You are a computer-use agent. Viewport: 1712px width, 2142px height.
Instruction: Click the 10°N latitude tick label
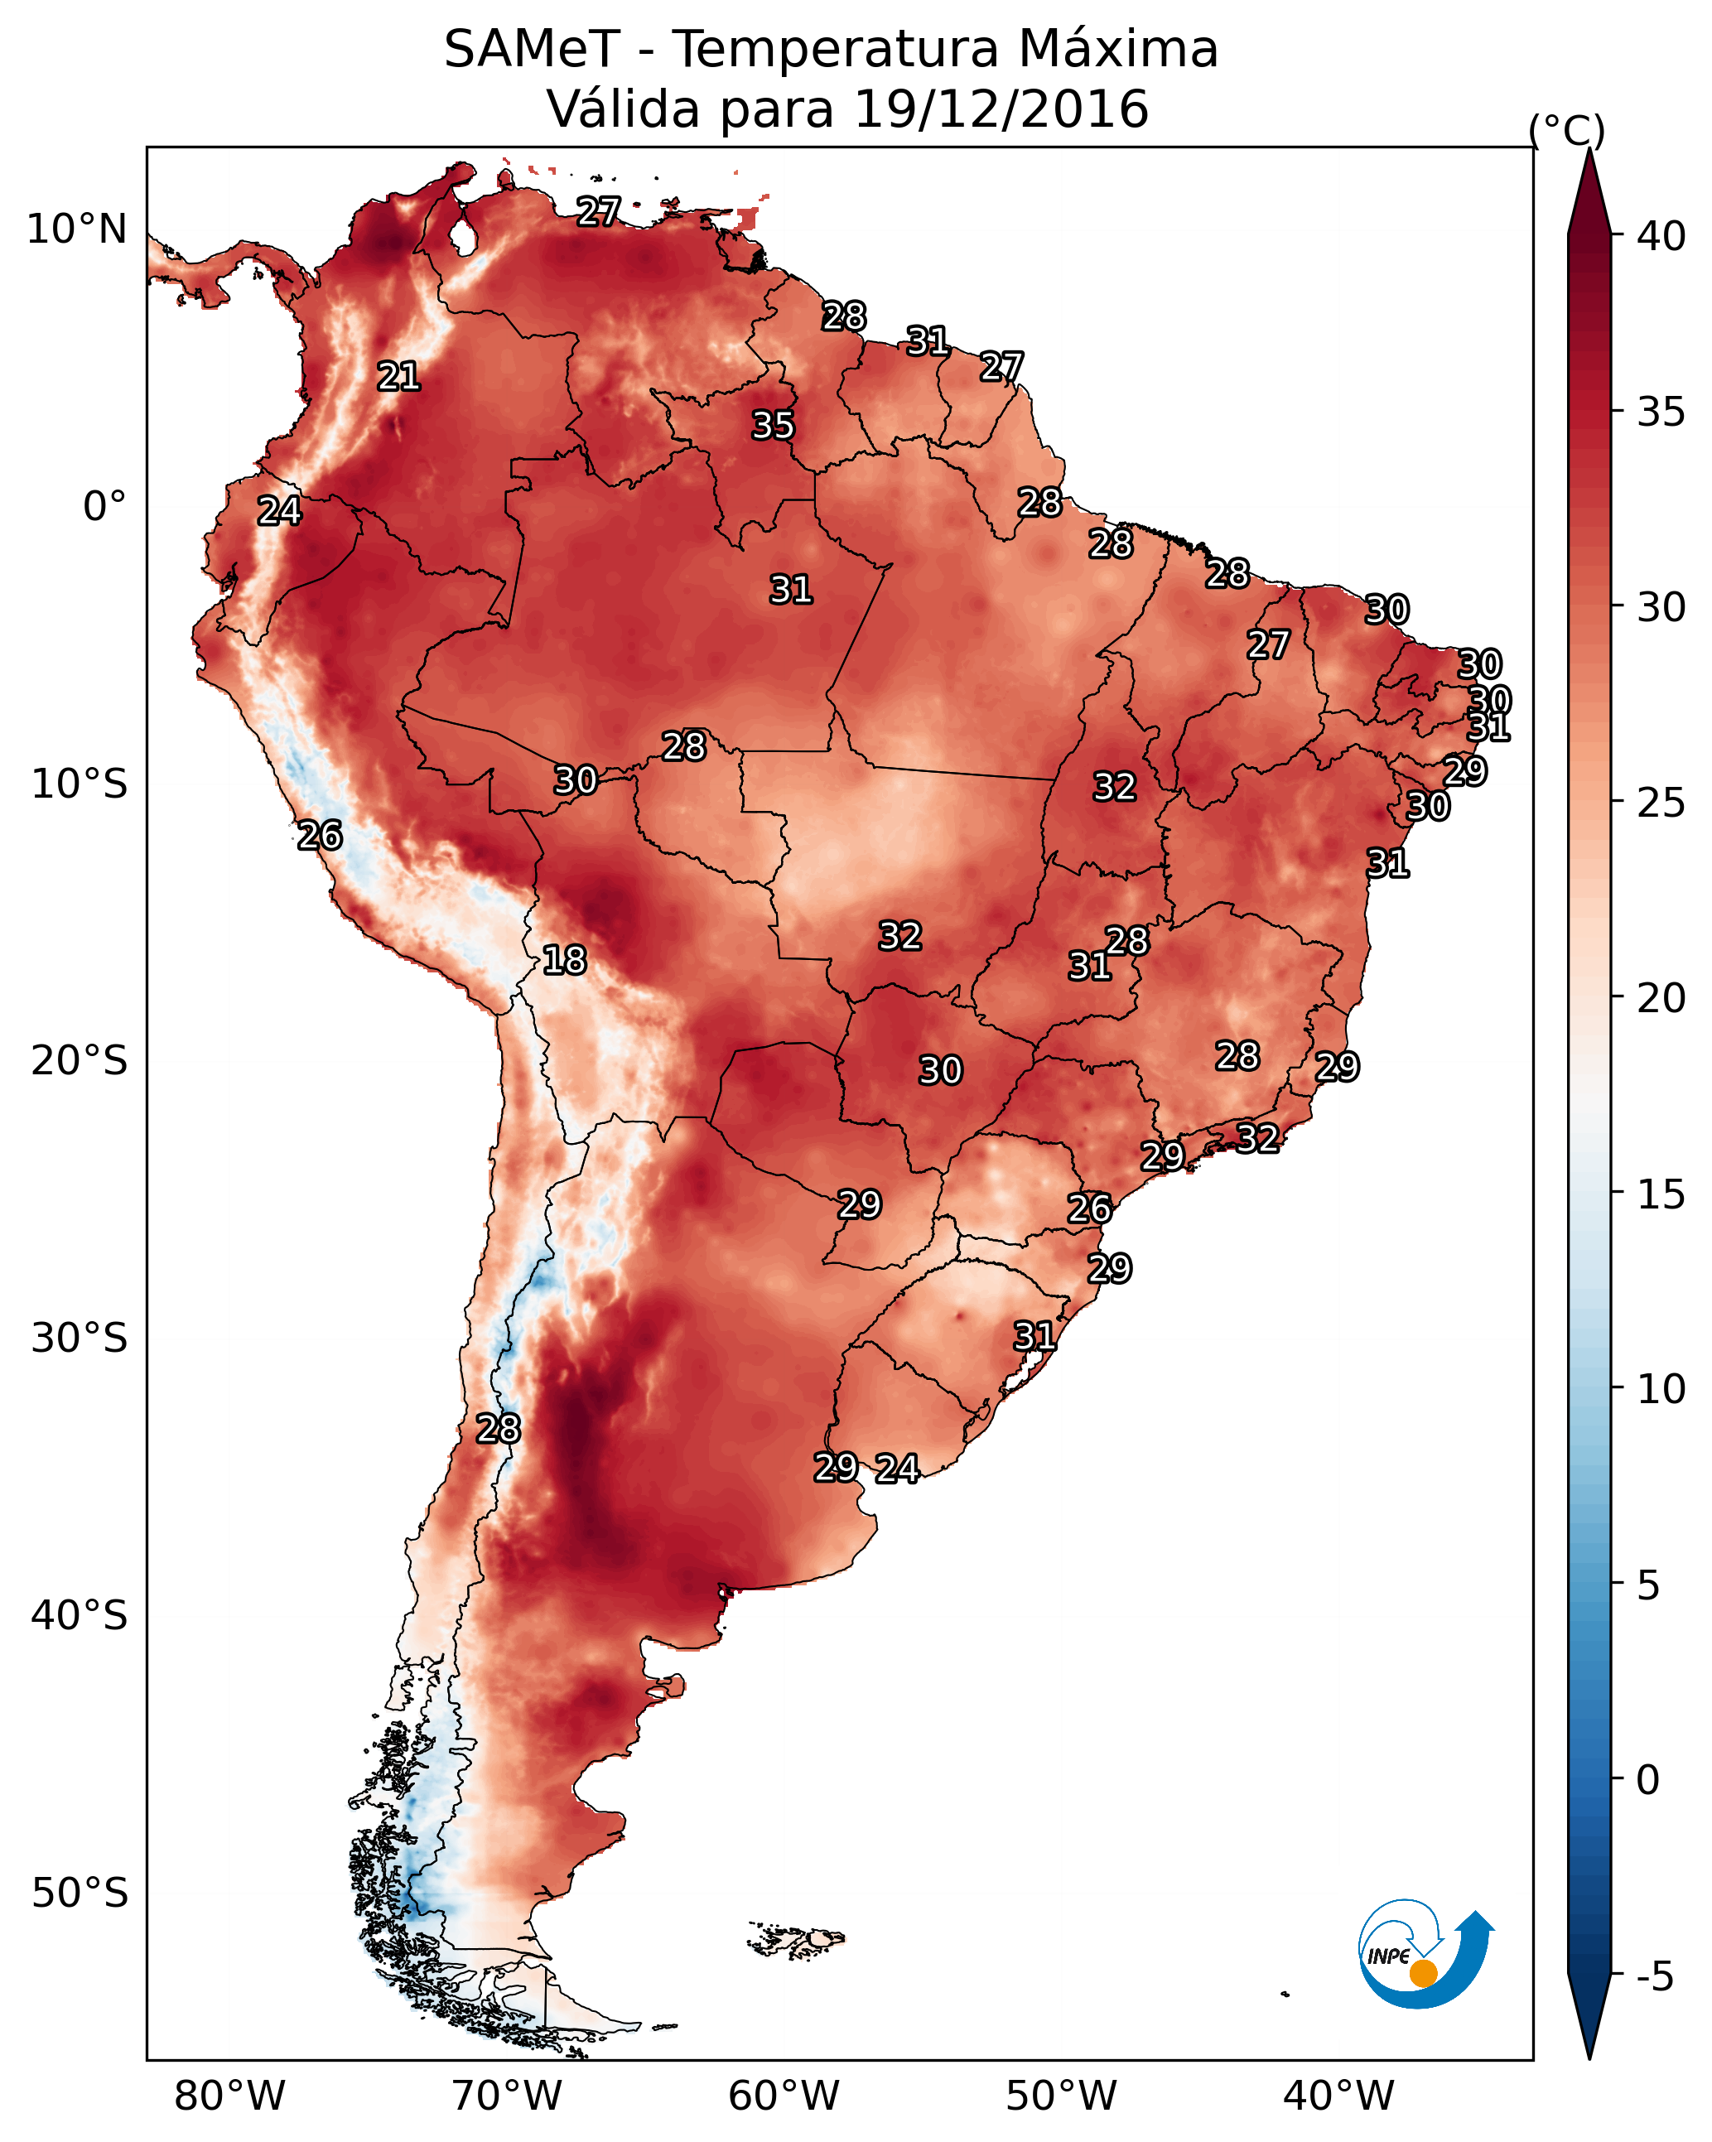[x=76, y=229]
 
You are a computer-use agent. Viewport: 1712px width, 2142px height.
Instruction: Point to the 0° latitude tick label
[x=105, y=507]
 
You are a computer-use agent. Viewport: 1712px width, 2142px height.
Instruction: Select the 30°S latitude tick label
[x=80, y=1339]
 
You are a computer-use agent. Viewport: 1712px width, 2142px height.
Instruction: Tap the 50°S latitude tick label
[x=80, y=1894]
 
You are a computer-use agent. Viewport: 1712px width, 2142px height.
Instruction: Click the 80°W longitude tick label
[x=229, y=2096]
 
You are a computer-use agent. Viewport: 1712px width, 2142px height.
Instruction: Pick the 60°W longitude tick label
[x=784, y=2096]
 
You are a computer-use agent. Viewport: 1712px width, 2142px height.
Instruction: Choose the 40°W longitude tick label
[x=1338, y=2096]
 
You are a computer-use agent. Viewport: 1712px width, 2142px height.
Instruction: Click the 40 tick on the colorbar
[x=1661, y=236]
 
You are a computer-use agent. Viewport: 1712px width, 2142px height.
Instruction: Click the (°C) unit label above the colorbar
[x=1566, y=130]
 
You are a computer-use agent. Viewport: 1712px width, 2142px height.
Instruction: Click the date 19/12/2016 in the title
[x=1001, y=109]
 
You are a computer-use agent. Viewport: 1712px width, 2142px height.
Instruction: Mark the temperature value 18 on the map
[x=564, y=960]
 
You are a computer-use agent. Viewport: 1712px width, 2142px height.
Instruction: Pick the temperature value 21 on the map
[x=398, y=377]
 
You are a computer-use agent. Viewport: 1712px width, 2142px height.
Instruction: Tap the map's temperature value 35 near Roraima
[x=773, y=425]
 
